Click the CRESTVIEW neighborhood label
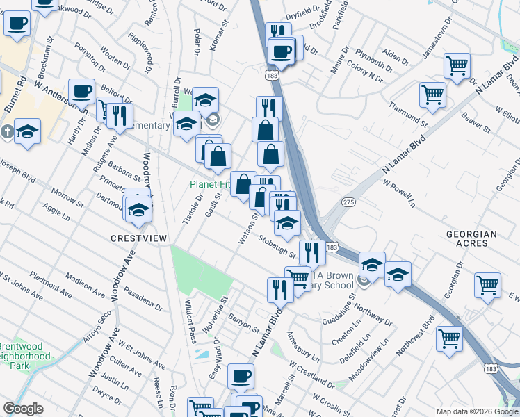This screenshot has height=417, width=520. [x=139, y=238]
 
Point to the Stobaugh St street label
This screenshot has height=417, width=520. [x=277, y=247]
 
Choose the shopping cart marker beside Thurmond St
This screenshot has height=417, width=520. [x=432, y=95]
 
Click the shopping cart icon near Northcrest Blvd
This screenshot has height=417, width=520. [x=449, y=339]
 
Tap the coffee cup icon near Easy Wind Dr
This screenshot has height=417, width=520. [x=241, y=377]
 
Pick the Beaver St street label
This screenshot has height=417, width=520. [x=477, y=125]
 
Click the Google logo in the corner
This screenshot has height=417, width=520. [x=23, y=409]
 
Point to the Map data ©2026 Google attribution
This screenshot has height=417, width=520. [x=476, y=411]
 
